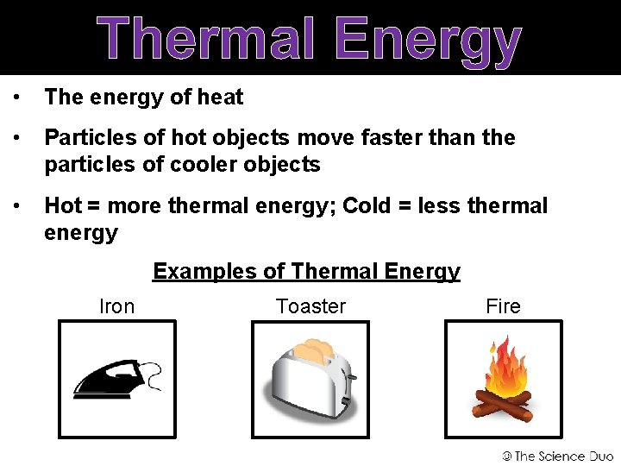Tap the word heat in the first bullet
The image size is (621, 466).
(x=220, y=98)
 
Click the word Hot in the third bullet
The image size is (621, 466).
(x=63, y=205)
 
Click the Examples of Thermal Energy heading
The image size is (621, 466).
(x=306, y=271)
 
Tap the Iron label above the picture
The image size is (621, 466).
(x=116, y=306)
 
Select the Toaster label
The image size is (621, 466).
(x=310, y=306)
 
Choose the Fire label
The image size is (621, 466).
(x=503, y=306)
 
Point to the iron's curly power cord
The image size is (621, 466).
(x=153, y=376)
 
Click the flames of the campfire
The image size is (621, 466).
(x=505, y=367)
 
